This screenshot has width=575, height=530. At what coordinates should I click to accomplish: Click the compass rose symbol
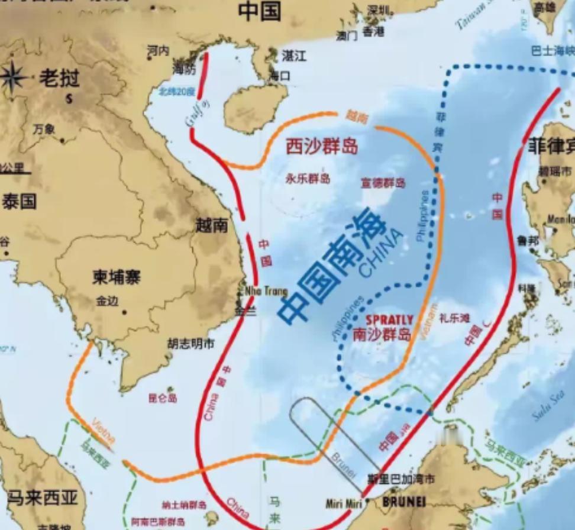click(x=13, y=77)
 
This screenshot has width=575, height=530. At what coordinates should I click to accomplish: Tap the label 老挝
click(x=59, y=77)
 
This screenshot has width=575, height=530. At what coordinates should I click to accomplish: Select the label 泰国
click(x=19, y=201)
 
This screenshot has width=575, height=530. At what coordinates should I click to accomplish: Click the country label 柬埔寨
click(x=116, y=277)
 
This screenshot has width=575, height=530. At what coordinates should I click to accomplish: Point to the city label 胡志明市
click(x=190, y=344)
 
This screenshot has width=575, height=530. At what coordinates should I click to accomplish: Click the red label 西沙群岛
click(x=322, y=147)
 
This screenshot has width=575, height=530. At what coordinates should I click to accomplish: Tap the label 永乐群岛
click(x=308, y=178)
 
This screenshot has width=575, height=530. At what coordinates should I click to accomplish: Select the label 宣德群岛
click(x=383, y=183)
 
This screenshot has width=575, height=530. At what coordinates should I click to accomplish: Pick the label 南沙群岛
click(x=382, y=335)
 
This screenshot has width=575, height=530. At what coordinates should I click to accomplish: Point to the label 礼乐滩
click(x=454, y=318)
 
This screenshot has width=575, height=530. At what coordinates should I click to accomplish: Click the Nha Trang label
click(x=266, y=291)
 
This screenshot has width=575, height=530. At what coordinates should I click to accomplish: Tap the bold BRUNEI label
click(x=404, y=502)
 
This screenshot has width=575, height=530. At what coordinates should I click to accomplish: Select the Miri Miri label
click(x=343, y=503)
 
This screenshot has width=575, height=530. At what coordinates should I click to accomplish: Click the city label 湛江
click(x=294, y=56)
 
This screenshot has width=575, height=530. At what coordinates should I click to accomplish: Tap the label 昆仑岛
click(x=163, y=398)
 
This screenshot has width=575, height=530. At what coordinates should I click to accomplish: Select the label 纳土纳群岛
click(x=185, y=505)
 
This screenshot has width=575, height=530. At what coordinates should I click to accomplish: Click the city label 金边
click(x=107, y=301)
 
